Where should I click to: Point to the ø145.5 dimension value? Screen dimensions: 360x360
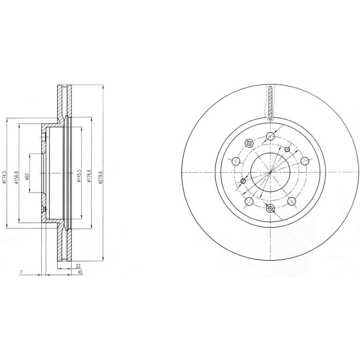(x=79, y=176)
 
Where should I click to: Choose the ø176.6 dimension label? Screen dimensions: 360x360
(x=89, y=176)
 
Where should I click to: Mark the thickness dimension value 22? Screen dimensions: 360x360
(x=78, y=266)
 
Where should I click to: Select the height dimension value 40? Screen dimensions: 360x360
(x=80, y=272)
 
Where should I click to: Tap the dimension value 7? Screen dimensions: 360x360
(x=21, y=272)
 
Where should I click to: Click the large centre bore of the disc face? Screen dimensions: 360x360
(x=270, y=172)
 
